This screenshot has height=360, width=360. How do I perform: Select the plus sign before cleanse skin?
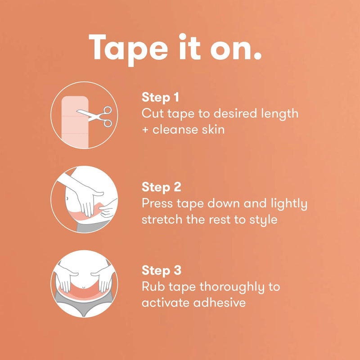coord(145,130)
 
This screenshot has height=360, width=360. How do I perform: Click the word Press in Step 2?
coord(157,203)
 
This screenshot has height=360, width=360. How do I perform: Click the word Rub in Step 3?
coord(152,287)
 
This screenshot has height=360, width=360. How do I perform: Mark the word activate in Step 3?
coord(164,303)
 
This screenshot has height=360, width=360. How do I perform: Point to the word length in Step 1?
coord(279,113)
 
